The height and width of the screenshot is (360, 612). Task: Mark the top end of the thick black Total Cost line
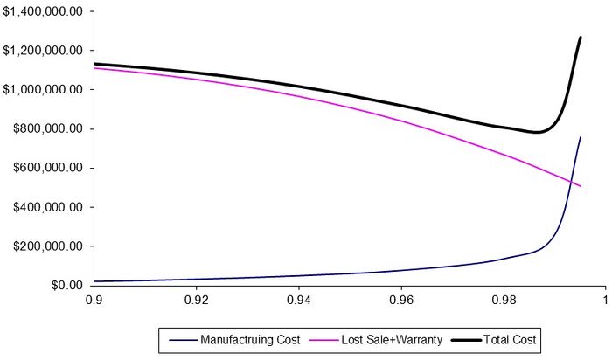coord(581,38)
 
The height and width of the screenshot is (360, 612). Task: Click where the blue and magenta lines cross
coord(574,183)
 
